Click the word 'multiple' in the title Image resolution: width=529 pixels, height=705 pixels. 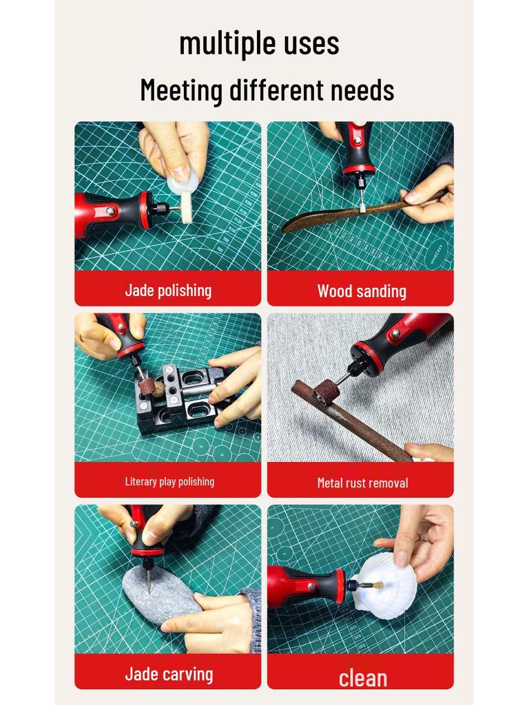pyautogui.click(x=221, y=44)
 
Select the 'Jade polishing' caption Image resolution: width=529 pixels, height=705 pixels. pyautogui.click(x=168, y=291)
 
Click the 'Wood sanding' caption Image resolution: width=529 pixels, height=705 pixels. pyautogui.click(x=362, y=291)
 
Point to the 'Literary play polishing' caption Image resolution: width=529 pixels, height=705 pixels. pyautogui.click(x=169, y=482)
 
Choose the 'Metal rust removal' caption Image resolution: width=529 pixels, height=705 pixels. pyautogui.click(x=362, y=483)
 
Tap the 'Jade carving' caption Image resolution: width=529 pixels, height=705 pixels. pyautogui.click(x=169, y=674)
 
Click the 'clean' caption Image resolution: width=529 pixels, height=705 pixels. pyautogui.click(x=362, y=678)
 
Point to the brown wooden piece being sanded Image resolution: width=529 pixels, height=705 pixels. pyautogui.click(x=355, y=213)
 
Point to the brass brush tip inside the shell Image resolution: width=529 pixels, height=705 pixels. pyautogui.click(x=376, y=585)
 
